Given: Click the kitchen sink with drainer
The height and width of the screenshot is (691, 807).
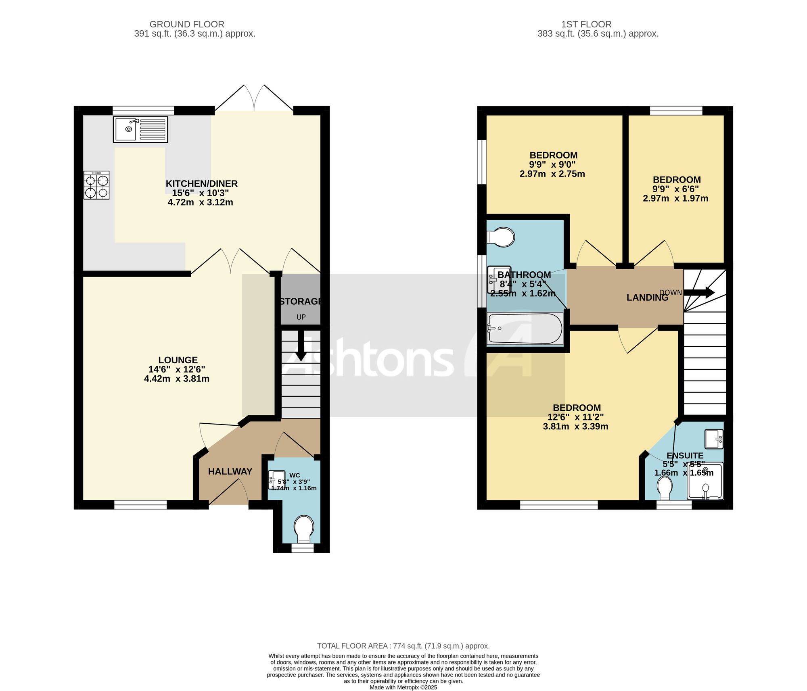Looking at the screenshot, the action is (x=140, y=129).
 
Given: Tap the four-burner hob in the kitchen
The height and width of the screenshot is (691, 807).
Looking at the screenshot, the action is (x=96, y=185).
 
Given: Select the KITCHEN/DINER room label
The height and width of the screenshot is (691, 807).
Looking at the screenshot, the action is (x=201, y=183).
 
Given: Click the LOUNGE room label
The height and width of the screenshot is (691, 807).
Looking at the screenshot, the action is (x=178, y=360).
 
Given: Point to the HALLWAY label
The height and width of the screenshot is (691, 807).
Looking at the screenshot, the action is (x=230, y=471).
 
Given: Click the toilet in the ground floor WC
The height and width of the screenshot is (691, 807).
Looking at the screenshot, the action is (x=304, y=529).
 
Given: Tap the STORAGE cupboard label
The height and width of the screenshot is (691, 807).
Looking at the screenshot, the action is (x=301, y=301).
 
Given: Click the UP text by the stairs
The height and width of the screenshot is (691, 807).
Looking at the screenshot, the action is (x=301, y=317).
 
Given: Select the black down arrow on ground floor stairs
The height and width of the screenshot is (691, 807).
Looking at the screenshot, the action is (x=301, y=345).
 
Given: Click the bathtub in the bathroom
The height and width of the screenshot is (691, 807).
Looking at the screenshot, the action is (x=525, y=329).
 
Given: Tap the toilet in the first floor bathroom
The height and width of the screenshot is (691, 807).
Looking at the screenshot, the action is (x=501, y=237).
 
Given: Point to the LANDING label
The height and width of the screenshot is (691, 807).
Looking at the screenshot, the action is (x=647, y=298).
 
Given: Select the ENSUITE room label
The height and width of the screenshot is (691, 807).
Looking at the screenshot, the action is (x=685, y=456).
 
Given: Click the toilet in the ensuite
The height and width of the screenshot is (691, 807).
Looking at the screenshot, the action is (x=664, y=488).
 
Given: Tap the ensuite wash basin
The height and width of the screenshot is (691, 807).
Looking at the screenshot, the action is (x=714, y=439).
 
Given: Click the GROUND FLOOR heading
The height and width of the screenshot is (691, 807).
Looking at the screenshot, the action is (x=187, y=24).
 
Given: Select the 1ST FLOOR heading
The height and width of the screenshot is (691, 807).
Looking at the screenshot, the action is (x=586, y=24).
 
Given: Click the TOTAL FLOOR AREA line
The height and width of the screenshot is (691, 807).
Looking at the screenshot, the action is (x=403, y=646).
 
